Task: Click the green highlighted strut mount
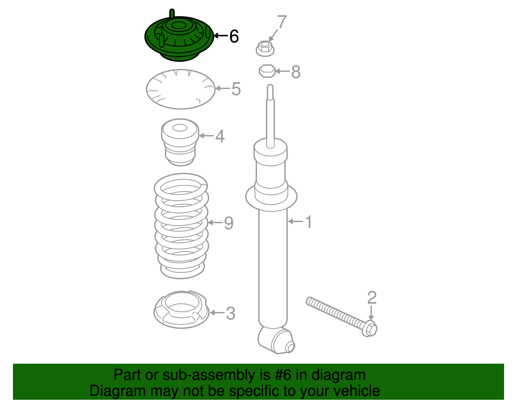[179, 38]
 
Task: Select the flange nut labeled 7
[265, 49]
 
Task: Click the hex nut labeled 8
[267, 71]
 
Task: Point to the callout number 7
[282, 22]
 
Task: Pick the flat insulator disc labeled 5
[181, 89]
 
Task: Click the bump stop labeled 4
[180, 142]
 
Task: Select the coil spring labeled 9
[181, 226]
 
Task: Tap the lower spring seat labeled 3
[181, 309]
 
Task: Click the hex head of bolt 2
[369, 329]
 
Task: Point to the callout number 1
[308, 222]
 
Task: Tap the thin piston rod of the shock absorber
[270, 116]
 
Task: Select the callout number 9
[229, 223]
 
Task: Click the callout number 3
[230, 313]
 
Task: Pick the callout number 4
[220, 136]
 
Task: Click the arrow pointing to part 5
[223, 89]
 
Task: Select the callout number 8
[296, 72]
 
